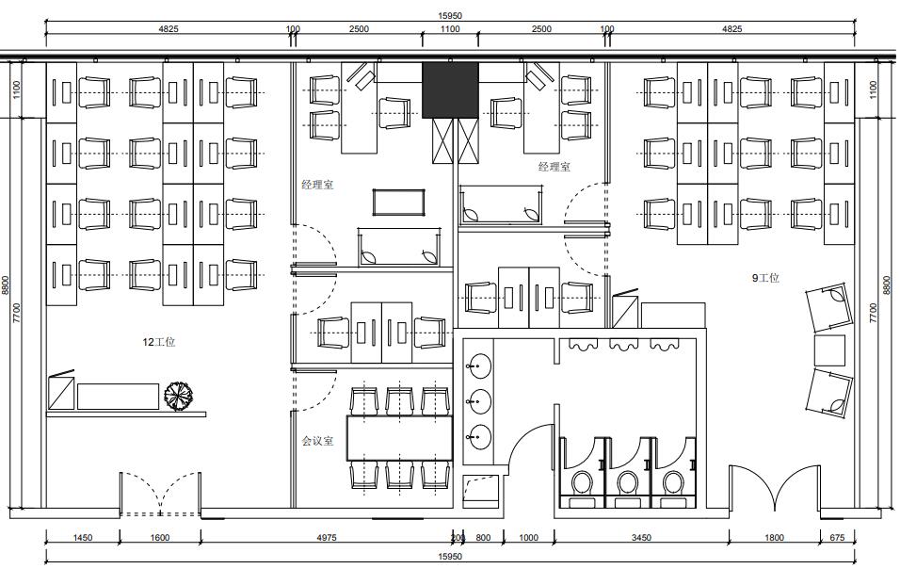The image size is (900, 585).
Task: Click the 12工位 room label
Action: pos(159,342)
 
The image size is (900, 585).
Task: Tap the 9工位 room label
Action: pos(765,278)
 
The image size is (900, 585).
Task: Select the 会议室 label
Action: pos(317,441)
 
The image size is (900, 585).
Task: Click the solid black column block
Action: pos(450,90)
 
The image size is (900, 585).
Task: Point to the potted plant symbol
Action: pos(179,397)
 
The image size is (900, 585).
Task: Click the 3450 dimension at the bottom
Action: pos(641,537)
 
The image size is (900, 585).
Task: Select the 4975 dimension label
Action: pos(327,537)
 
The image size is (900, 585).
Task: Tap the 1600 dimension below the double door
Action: pos(159,537)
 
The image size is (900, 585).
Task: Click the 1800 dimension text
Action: pos(774,537)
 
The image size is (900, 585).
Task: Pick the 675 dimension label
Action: pos(838,537)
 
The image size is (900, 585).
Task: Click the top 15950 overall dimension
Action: pos(450,15)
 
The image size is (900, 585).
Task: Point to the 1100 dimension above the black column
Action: pos(450,28)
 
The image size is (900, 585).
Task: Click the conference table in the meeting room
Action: pos(399,438)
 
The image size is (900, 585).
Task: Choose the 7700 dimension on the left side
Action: pos(17,313)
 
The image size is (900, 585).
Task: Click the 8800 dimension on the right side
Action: pos(886,285)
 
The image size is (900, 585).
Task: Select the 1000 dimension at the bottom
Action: pos(529,537)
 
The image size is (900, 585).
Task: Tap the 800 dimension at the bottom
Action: pos(483,537)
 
